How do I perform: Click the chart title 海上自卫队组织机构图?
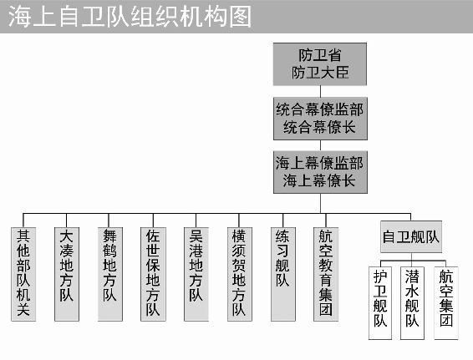130,17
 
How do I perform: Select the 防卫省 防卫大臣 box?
320,64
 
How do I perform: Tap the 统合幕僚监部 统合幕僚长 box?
320,119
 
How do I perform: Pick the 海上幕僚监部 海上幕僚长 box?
320,172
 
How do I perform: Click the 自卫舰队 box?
411,236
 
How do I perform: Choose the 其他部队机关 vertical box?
23,274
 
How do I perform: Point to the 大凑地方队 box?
67,274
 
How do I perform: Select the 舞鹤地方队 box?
110,274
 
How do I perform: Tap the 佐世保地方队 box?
153,274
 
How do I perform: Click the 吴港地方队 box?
196,274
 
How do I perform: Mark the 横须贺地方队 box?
240,274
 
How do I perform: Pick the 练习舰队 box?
283,274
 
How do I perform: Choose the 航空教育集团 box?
326,274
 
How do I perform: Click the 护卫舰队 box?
380,303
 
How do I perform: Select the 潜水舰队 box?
412,303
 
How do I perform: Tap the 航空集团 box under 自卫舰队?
446,303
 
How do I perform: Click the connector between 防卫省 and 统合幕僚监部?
320,91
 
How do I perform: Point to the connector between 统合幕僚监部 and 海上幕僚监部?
320,145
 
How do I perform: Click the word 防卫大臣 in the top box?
320,73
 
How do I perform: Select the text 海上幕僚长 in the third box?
319,181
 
